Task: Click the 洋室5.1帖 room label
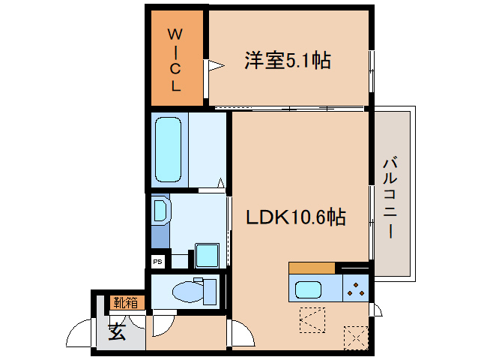point(288,61)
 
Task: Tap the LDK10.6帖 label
point(297,217)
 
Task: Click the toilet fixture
point(190,289)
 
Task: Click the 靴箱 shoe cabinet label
point(125,303)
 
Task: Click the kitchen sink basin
point(309,289)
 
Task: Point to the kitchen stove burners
point(356,289)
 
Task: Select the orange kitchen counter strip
point(312,268)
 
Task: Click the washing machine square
point(206,254)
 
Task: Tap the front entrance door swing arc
point(79,334)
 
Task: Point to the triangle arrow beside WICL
point(214,66)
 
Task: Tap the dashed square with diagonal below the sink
point(312,318)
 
